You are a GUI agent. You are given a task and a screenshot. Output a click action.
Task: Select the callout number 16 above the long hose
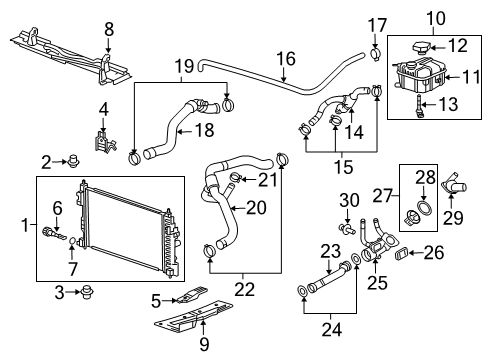[x=286, y=59]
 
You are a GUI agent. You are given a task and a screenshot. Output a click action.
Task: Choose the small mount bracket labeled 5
[x=195, y=297]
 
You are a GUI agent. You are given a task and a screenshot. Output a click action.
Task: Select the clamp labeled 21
[x=236, y=180]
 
